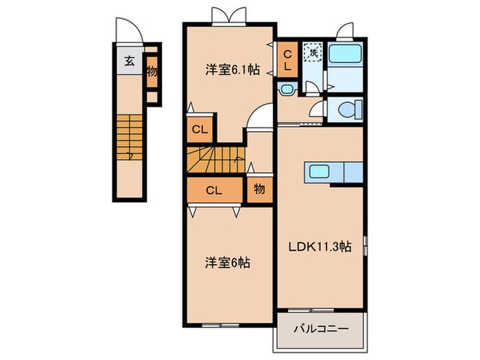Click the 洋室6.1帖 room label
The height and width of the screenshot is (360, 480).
[x=233, y=70]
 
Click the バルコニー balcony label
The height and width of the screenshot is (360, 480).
[x=321, y=329]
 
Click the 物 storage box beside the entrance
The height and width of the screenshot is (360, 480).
[x=151, y=71]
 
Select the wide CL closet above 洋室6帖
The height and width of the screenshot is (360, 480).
[x=213, y=191]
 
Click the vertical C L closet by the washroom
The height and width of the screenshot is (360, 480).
[x=288, y=60]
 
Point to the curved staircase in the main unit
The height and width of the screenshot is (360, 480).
[x=215, y=161]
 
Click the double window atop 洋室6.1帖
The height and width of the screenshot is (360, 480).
[x=229, y=15]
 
